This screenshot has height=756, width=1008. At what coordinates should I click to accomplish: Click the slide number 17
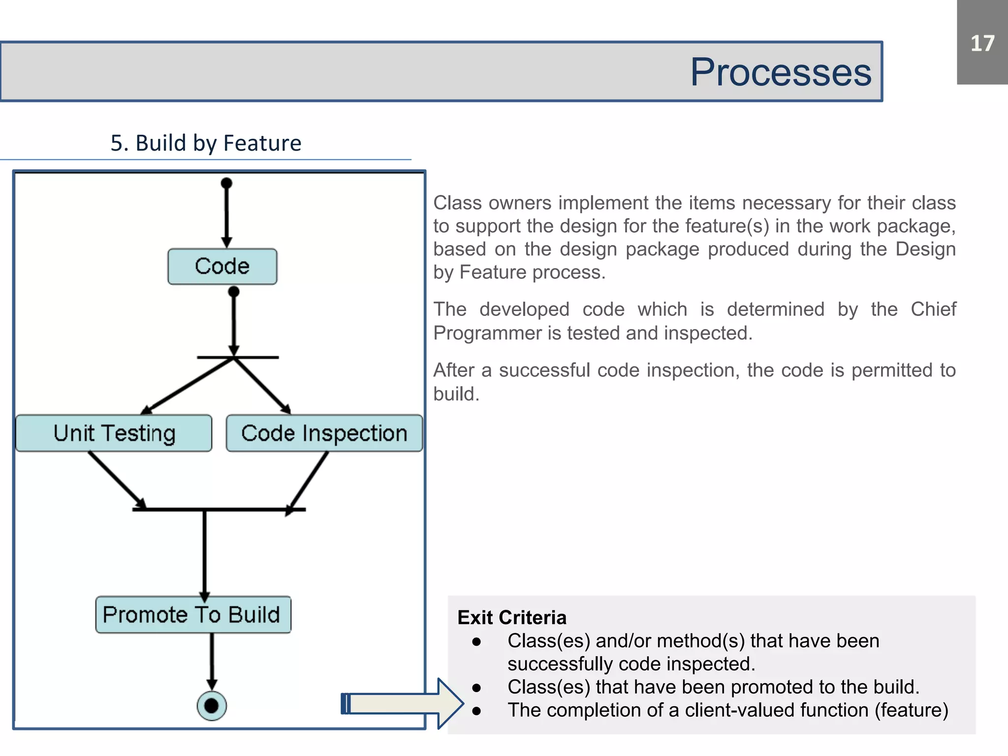982,43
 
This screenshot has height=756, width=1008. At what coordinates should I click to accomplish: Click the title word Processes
781,72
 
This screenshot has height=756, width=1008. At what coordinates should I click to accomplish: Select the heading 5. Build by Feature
206,143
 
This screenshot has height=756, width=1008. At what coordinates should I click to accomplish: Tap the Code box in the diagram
222,266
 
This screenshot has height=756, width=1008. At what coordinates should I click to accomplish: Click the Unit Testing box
114,433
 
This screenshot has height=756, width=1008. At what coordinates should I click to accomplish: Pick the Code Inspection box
324,433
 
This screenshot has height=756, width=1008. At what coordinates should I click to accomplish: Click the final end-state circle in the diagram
212,706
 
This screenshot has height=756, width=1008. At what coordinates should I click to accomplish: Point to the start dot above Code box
226,184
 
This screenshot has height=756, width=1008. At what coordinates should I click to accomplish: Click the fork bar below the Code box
238,357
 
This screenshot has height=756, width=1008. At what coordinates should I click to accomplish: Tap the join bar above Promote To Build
219,509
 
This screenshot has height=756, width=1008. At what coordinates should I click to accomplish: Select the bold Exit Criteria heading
512,617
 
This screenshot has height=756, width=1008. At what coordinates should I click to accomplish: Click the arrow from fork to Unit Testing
187,386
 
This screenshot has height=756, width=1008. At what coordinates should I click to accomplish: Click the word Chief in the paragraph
933,310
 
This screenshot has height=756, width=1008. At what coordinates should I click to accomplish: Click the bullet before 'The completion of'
476,711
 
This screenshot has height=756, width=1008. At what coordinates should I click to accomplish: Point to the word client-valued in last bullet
745,710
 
